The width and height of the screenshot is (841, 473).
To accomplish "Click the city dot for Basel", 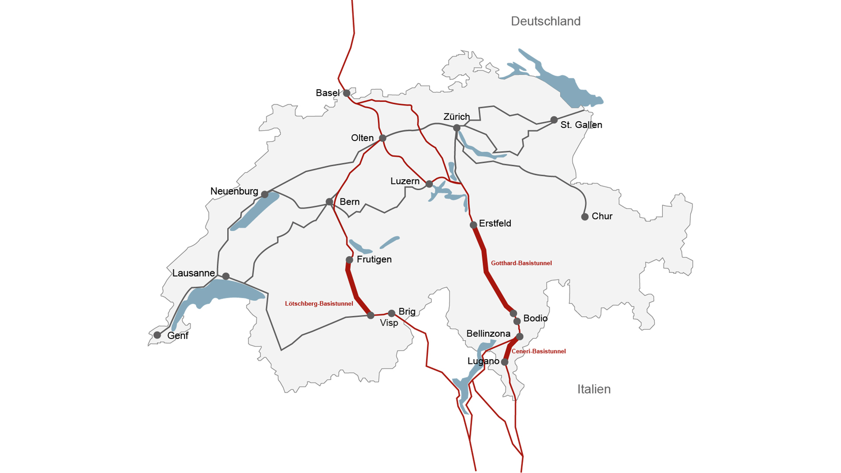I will [346, 93].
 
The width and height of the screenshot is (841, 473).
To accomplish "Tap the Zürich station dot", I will [457, 128].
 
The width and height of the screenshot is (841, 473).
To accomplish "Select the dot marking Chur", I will [585, 217].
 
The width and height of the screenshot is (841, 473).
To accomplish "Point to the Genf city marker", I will [157, 335].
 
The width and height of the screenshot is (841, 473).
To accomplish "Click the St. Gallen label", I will [581, 125].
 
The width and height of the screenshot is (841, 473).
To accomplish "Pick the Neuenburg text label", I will [234, 191].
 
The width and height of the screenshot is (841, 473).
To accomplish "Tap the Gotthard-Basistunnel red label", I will [521, 263].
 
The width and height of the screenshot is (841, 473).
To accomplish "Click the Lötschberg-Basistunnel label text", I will [319, 304].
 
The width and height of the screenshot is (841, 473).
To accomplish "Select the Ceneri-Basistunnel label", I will [538, 351].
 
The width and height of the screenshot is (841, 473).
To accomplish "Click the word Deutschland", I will [546, 21].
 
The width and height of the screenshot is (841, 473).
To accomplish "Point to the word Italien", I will [594, 389].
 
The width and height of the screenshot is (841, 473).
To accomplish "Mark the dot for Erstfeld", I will [474, 225].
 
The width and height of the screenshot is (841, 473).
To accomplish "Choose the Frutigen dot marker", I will [350, 260].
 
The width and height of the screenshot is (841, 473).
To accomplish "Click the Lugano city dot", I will [505, 362].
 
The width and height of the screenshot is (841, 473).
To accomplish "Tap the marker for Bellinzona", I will [519, 337].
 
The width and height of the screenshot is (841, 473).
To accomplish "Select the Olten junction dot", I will [382, 138].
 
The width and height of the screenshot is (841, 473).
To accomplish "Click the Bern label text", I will [350, 202].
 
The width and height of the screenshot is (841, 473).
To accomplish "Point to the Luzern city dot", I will [429, 184].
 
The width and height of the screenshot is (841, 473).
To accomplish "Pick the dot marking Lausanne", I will [226, 276].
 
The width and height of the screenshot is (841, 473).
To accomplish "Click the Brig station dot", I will [392, 313].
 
